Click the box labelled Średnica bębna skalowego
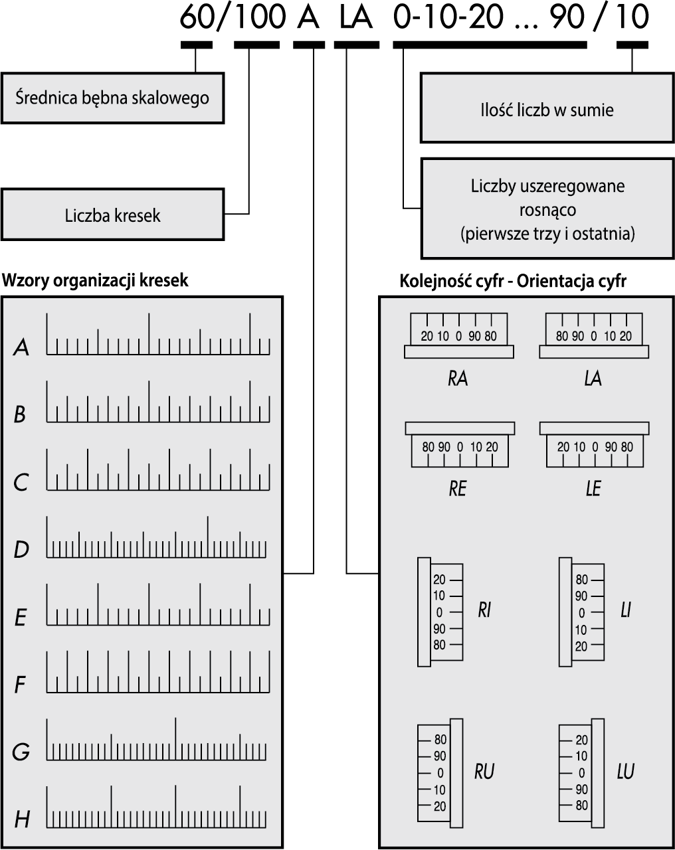(113, 98)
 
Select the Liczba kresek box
(113, 214)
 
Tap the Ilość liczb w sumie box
(547, 108)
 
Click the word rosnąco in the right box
(547, 210)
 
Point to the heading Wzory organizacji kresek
(95, 280)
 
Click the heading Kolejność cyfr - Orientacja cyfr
(513, 281)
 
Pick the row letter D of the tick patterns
(21, 549)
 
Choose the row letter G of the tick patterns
(21, 751)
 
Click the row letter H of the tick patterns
(22, 819)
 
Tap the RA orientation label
(458, 379)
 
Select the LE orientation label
(593, 488)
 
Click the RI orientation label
(484, 610)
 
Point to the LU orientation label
(626, 771)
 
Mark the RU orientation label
(484, 771)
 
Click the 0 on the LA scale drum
(593, 336)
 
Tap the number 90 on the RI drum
(439, 628)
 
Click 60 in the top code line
(197, 18)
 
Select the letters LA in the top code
(356, 18)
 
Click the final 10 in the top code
(632, 18)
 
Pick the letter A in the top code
(308, 18)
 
